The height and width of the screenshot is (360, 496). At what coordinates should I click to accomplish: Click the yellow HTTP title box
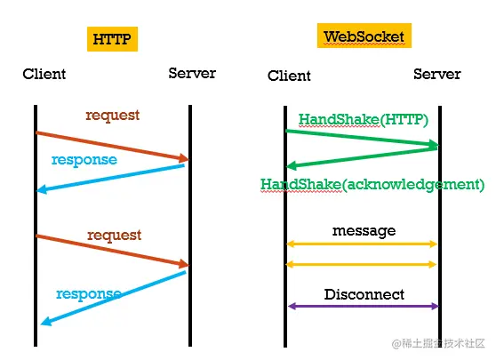click(x=112, y=39)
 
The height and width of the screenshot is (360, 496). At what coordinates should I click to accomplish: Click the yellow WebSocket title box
click(x=364, y=36)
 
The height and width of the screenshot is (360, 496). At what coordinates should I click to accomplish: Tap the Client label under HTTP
click(x=44, y=74)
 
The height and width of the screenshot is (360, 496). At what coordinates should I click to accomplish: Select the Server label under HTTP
click(x=192, y=74)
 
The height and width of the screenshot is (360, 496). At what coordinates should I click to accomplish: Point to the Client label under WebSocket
click(x=289, y=76)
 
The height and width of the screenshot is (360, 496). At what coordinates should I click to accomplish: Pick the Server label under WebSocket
click(x=436, y=74)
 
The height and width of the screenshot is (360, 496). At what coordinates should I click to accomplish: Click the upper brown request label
click(x=113, y=116)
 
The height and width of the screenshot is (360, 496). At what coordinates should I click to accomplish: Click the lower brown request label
click(x=114, y=235)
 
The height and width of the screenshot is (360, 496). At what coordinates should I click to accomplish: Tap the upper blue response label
click(x=84, y=160)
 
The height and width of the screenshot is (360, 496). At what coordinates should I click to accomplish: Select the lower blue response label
click(x=89, y=294)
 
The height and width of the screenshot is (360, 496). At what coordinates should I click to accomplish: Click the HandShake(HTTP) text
click(x=364, y=120)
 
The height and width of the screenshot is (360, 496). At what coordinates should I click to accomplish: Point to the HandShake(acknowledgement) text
click(x=372, y=184)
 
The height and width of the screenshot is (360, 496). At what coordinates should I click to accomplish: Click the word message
click(x=364, y=231)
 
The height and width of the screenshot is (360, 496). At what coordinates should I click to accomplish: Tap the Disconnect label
click(x=364, y=294)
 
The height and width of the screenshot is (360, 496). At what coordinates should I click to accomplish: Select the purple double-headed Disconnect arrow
click(x=364, y=306)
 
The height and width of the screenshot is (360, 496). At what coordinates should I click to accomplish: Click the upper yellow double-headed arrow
click(x=362, y=244)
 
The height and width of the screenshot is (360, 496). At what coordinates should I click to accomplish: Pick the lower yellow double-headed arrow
click(x=361, y=264)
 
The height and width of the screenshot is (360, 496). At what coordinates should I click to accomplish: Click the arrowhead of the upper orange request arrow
click(x=183, y=158)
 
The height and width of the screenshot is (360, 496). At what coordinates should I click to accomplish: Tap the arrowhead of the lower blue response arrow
click(x=46, y=321)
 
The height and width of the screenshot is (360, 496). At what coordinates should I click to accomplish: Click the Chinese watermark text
click(x=438, y=343)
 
